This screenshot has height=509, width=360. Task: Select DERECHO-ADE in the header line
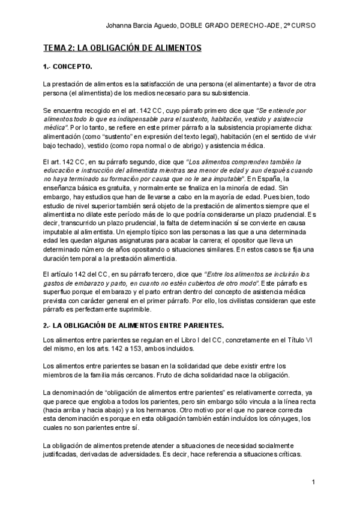pos(254,25)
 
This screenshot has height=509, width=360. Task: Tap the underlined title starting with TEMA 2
pos(122,47)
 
